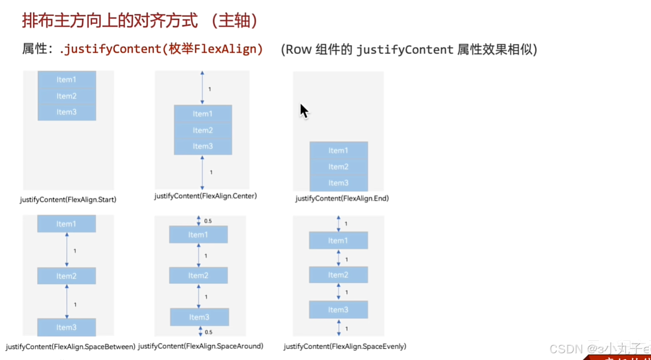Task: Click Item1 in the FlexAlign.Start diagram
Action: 66,79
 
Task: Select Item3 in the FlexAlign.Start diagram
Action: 66,112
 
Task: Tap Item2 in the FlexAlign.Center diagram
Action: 203,130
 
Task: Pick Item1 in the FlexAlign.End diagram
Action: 338,151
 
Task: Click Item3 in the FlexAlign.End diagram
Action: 338,183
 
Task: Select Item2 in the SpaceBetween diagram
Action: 66,276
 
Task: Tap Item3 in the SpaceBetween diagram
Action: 66,327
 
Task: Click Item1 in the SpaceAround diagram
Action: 198,235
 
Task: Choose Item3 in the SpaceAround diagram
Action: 199,317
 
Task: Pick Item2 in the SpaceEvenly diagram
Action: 338,275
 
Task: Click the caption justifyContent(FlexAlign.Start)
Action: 68,199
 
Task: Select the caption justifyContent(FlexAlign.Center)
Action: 206,196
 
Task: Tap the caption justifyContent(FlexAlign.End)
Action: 342,198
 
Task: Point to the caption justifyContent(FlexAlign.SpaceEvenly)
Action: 345,346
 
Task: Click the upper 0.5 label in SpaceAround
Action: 208,221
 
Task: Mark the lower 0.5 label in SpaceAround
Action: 208,332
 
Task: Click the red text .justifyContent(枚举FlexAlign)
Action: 161,49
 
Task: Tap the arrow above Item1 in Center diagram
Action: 202,88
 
